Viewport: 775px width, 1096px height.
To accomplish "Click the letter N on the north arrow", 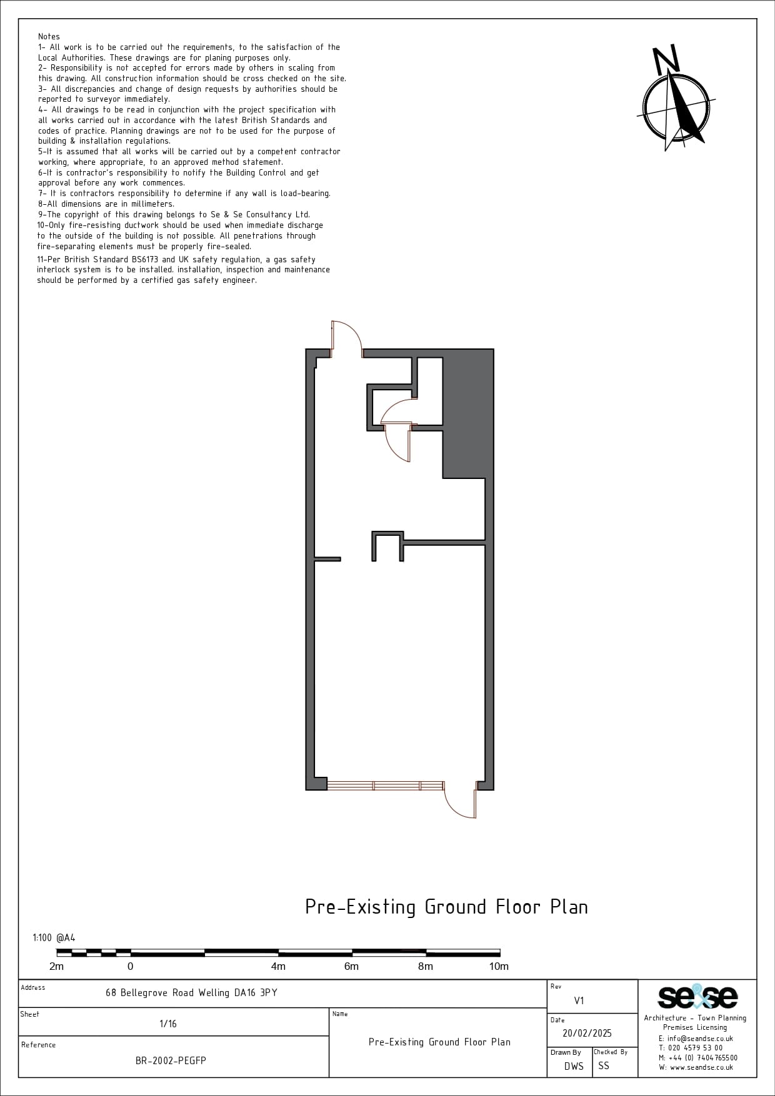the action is (x=666, y=59).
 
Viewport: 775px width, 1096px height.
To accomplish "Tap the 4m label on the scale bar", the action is (x=278, y=966).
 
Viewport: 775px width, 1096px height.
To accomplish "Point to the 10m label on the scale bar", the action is (x=499, y=966).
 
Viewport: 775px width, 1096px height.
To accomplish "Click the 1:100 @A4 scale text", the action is (x=54, y=937).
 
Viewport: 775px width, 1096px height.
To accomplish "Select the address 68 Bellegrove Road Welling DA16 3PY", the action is (x=191, y=992).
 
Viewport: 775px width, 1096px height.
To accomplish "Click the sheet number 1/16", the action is (x=168, y=1024).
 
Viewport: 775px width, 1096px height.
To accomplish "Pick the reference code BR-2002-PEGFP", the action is (x=171, y=1060).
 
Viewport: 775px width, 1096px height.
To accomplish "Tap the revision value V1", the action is (x=579, y=1000).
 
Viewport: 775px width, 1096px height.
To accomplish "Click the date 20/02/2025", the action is (x=587, y=1034).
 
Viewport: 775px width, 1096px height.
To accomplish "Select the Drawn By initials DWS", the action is (x=574, y=1066).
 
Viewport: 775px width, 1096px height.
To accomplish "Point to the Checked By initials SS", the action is (x=603, y=1065).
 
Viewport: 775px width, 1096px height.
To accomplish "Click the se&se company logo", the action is (x=697, y=997).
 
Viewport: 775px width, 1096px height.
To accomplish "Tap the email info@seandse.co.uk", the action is (x=696, y=1039).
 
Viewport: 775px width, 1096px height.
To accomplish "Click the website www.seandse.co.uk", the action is (x=696, y=1067).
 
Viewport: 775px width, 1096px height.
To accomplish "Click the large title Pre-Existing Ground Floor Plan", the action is (x=446, y=907).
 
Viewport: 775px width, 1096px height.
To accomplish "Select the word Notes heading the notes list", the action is (x=49, y=37).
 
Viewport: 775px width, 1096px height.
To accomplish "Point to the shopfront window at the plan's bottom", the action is (x=385, y=786).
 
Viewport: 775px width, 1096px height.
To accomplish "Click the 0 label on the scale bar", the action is (x=130, y=966).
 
